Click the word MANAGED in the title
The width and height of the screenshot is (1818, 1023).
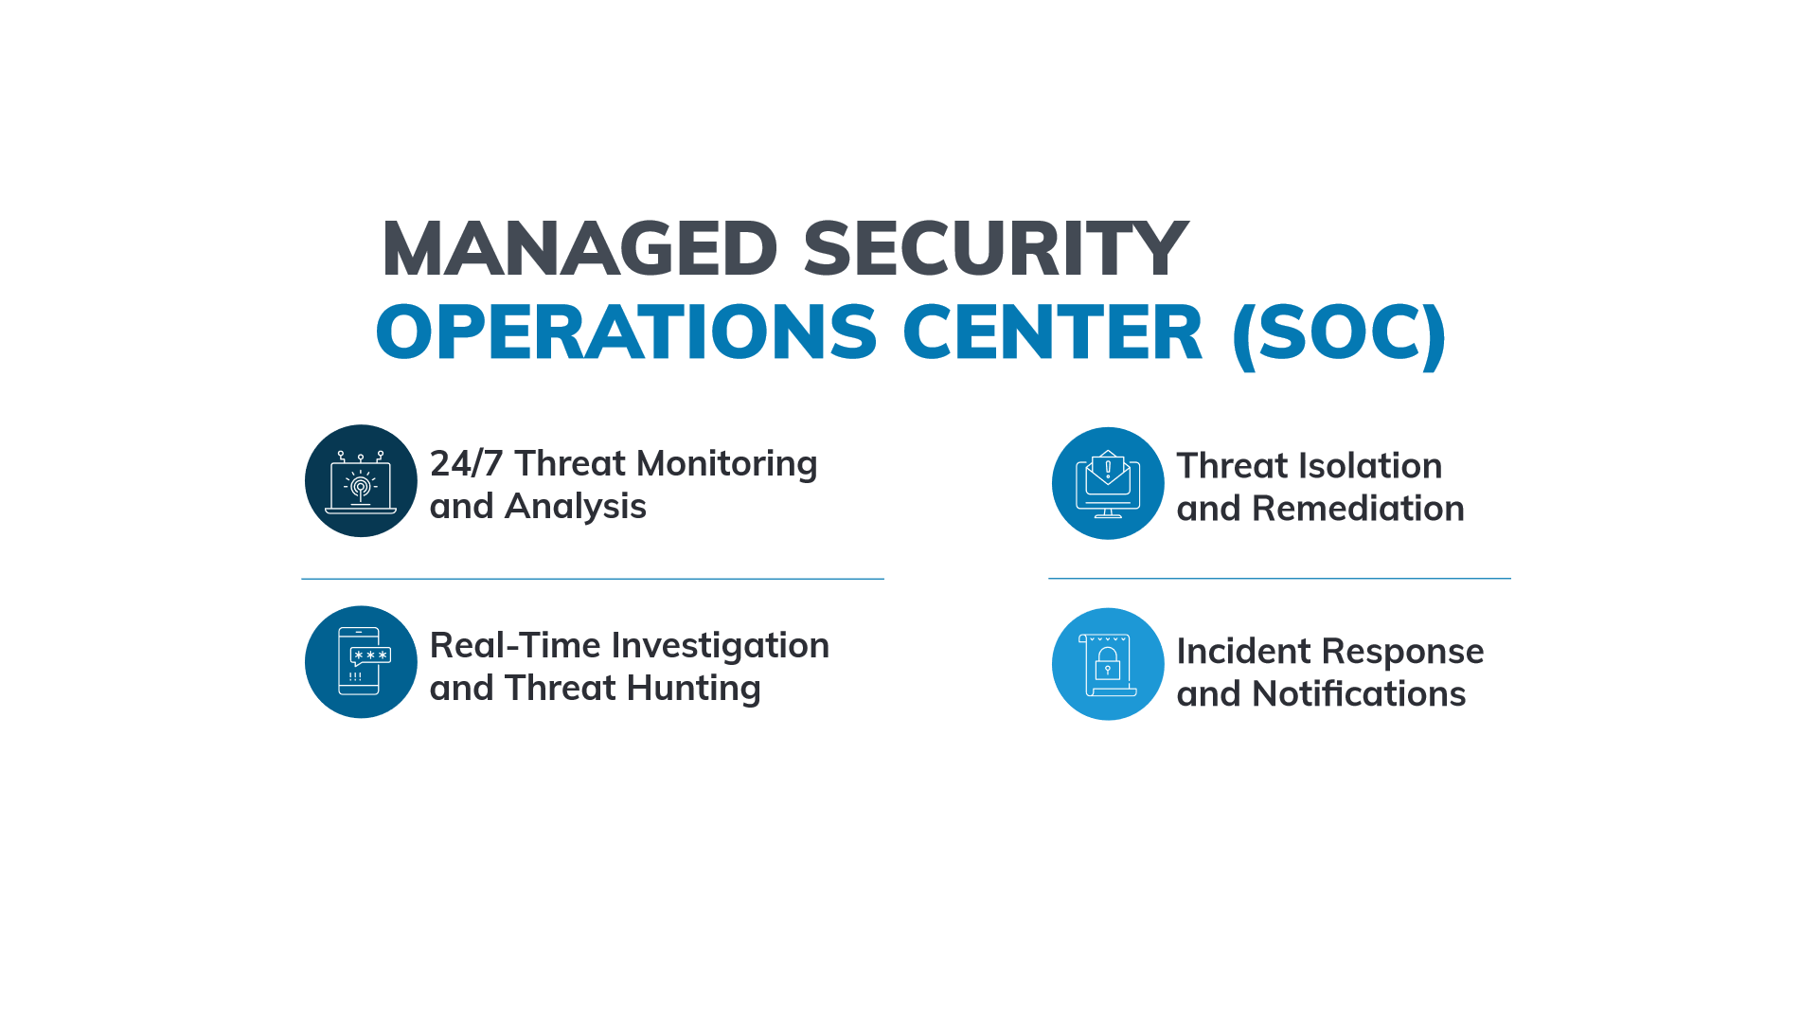(579, 248)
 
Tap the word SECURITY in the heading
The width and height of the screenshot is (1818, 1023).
(995, 248)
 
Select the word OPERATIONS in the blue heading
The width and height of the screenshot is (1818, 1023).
(627, 332)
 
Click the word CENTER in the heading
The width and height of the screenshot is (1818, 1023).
(1052, 332)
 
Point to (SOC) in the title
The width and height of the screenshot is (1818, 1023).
(1339, 334)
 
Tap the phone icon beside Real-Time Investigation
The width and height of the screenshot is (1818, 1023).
(361, 661)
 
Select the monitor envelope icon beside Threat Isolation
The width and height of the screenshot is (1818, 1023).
(1108, 484)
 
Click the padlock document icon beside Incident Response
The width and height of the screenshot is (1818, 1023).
(1108, 665)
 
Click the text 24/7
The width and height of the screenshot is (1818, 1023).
(466, 464)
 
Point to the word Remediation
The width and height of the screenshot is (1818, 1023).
(1358, 509)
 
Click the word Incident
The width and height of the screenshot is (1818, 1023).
(1243, 652)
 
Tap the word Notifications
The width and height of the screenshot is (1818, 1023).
(1359, 694)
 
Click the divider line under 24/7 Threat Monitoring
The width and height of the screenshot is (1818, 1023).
(593, 579)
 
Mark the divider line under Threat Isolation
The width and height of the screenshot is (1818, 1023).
(1279, 578)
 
